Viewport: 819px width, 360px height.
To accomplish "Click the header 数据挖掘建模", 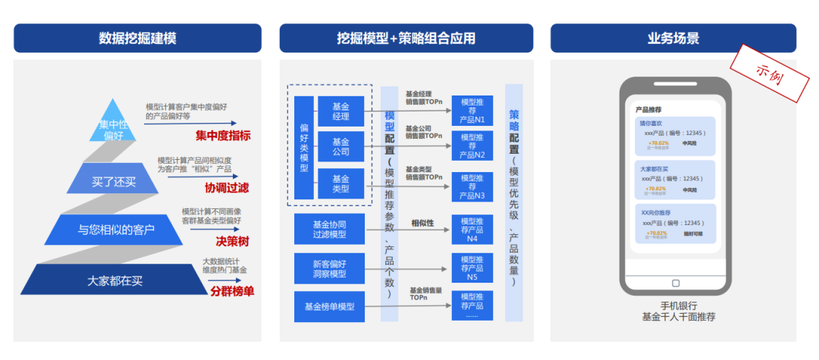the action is (x=137, y=38).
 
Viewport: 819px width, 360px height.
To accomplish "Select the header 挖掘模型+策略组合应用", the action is (x=406, y=38).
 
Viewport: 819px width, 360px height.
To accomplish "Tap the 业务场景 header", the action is (x=673, y=38).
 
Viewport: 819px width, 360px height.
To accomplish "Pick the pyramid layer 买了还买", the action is (x=114, y=182).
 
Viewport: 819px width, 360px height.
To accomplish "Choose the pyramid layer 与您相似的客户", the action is (x=116, y=229).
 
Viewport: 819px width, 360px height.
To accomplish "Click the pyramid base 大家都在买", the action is (x=115, y=280).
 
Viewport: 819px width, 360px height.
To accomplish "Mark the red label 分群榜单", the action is (x=232, y=290).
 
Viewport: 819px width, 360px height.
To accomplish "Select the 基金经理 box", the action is (x=340, y=111).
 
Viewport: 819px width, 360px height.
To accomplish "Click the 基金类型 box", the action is (x=340, y=184).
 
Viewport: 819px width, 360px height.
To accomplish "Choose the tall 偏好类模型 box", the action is (x=304, y=148).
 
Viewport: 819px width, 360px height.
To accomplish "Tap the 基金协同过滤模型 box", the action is (x=329, y=230).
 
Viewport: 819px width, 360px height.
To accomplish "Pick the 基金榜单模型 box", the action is (x=329, y=307).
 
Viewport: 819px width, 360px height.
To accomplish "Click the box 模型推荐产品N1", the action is (x=472, y=111).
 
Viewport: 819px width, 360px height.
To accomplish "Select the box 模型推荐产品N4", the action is (x=472, y=230).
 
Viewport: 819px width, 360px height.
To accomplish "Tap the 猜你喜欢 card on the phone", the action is (x=675, y=135).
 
